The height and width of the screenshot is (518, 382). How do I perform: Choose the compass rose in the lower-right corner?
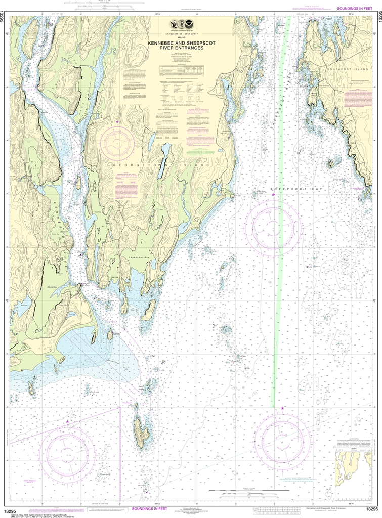point(282,438)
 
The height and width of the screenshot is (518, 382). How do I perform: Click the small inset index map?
point(353,465)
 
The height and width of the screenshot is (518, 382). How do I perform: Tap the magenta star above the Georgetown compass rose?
point(117,122)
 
